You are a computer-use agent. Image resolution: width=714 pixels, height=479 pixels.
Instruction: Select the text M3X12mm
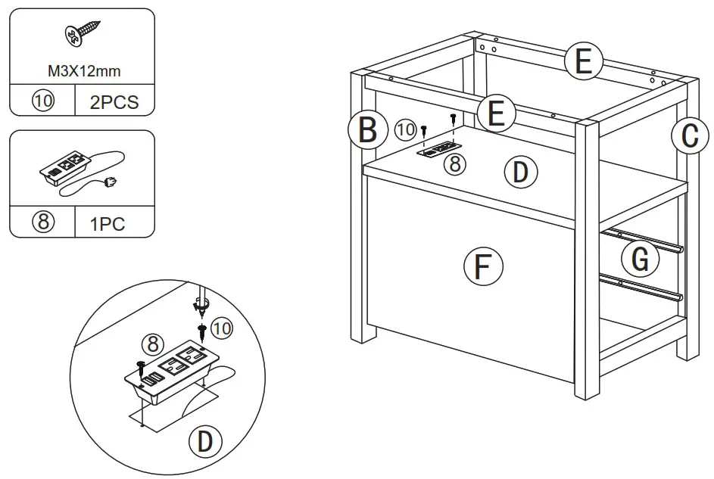(82, 71)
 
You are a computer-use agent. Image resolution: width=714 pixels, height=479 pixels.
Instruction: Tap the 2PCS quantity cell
(114, 102)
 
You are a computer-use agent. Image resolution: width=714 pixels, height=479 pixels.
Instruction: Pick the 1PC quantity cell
(114, 223)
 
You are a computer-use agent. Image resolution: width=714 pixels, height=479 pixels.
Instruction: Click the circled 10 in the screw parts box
(42, 102)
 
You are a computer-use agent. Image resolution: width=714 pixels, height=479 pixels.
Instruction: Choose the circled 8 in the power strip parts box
(42, 223)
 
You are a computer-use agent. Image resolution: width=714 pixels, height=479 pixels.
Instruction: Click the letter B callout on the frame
(367, 129)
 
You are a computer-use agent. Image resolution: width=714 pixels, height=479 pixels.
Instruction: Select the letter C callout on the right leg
(688, 136)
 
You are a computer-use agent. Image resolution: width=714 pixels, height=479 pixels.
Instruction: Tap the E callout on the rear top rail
(582, 61)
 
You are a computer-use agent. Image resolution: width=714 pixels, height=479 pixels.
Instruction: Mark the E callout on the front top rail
(496, 114)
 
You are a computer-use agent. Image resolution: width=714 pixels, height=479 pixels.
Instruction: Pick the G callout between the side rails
(640, 260)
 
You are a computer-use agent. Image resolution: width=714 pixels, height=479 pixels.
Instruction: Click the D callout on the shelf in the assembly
(519, 172)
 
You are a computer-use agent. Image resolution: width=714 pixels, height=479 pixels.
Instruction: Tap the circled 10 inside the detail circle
(222, 328)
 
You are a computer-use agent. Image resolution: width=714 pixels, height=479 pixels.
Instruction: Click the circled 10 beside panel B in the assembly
(405, 129)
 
